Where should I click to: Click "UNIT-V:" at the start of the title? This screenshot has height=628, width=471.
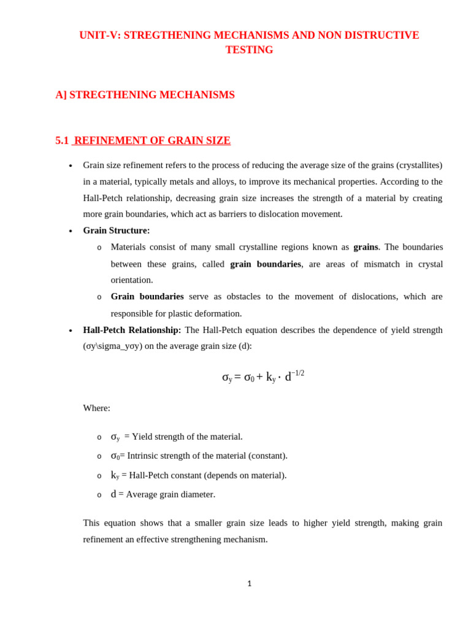point(100,36)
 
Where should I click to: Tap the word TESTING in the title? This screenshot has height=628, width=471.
point(249,50)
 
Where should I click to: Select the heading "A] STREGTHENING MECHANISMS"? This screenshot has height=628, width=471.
point(145,95)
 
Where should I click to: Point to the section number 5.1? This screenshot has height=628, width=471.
point(62,140)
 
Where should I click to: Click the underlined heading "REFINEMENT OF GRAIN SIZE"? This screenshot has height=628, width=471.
point(152,140)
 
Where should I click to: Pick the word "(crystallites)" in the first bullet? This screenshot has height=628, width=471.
point(419,165)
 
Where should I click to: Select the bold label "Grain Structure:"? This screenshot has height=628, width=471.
point(117,231)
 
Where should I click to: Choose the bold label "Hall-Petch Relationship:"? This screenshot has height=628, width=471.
point(132,330)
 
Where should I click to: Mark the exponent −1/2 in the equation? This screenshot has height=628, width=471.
point(297,373)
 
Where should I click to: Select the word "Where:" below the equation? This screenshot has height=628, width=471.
point(97,408)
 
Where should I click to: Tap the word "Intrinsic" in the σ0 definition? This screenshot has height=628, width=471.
point(145,456)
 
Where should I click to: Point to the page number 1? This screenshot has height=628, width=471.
point(250,584)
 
